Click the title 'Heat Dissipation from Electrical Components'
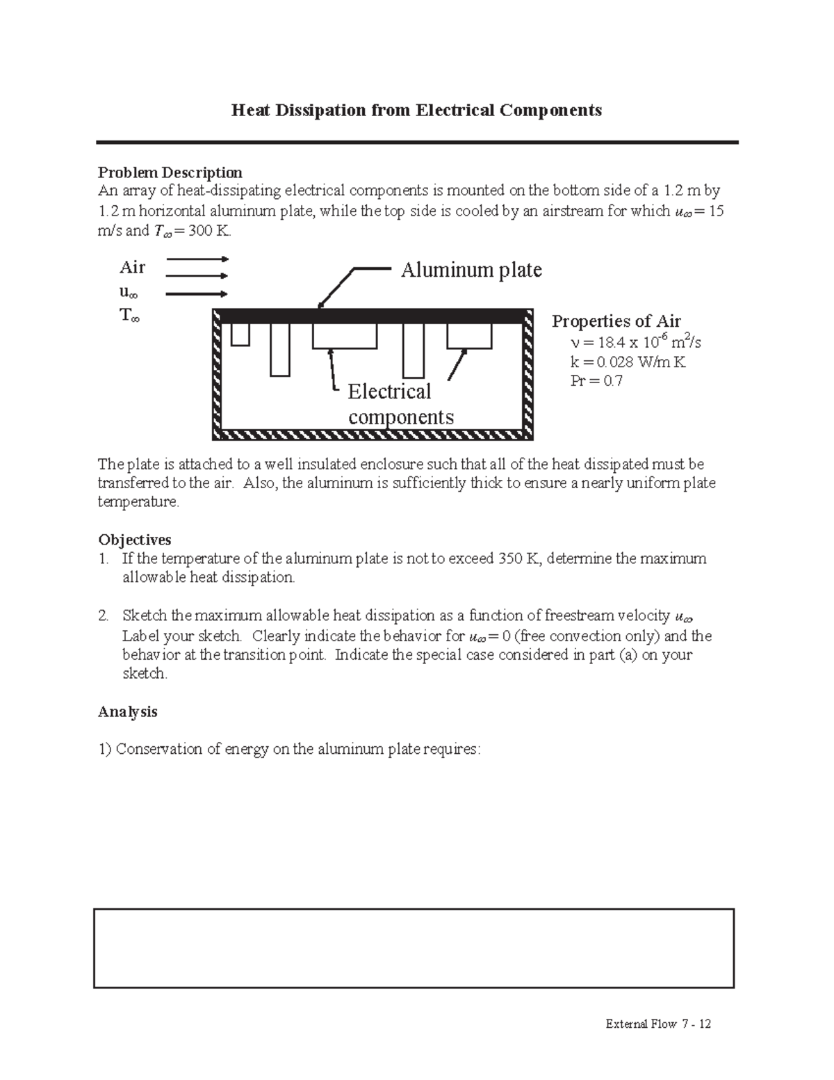416,110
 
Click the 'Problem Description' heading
170,172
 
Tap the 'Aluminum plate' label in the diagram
471,269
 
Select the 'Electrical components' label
400,404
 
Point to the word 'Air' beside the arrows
132,267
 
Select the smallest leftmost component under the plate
240,335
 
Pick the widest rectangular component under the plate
345,336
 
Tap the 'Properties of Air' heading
616,321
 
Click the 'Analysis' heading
128,711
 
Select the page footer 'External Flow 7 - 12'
657,1024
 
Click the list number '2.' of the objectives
104,615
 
